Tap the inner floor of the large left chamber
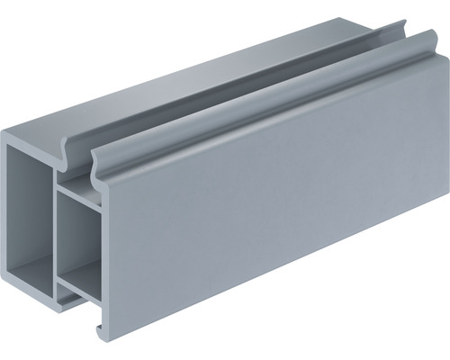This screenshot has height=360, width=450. [x=31, y=270]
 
